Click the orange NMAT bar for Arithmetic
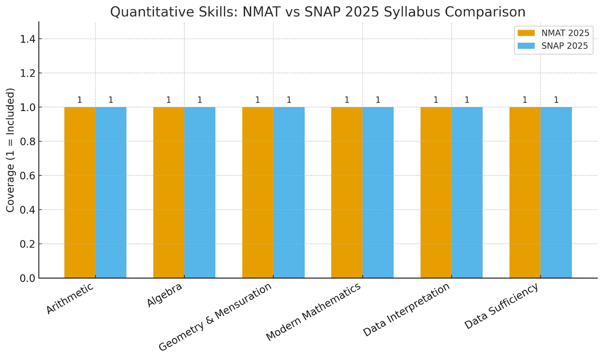pyautogui.click(x=80, y=193)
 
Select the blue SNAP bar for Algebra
pyautogui.click(x=200, y=193)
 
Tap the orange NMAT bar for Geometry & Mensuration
pyautogui.click(x=258, y=193)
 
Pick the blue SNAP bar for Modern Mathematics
pyautogui.click(x=378, y=193)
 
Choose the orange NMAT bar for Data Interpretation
pyautogui.click(x=436, y=193)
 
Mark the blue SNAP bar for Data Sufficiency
pyautogui.click(x=556, y=193)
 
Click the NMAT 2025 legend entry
pyautogui.click(x=553, y=33)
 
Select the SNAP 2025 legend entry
pyautogui.click(x=553, y=47)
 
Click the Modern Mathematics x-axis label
pyautogui.click(x=313, y=312)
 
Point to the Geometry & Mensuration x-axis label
pyautogui.click(x=215, y=317)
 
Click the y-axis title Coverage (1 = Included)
pyautogui.click(x=11, y=150)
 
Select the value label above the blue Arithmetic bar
pyautogui.click(x=111, y=100)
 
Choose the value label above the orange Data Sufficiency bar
pyautogui.click(x=525, y=100)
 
